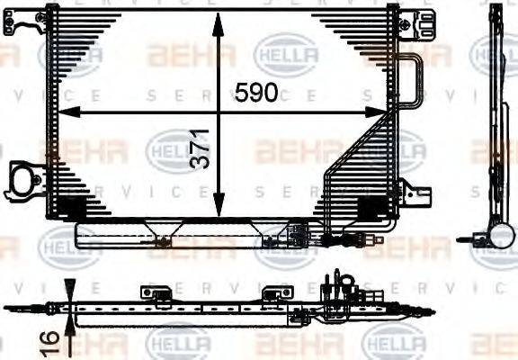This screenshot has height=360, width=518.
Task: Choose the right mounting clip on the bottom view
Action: pos(272,293)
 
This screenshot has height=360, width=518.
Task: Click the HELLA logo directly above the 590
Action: pos(286,52)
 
